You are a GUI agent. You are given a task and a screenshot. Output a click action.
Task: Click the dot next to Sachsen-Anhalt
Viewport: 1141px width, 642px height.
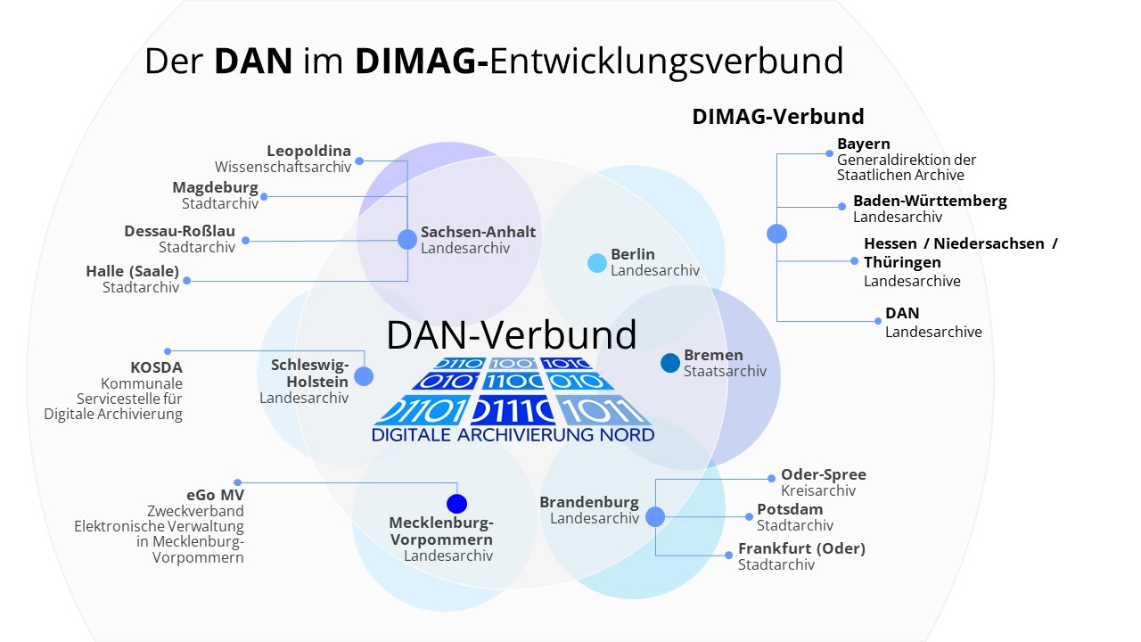[407, 239]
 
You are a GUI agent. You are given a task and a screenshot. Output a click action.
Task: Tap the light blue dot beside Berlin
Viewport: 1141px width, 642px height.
[597, 263]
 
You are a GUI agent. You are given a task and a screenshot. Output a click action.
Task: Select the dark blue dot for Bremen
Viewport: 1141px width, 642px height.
[670, 363]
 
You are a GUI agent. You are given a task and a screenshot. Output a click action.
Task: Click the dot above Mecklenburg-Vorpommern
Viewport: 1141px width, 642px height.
[457, 504]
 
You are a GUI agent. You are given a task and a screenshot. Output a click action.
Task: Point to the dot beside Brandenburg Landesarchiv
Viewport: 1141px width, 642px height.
[655, 517]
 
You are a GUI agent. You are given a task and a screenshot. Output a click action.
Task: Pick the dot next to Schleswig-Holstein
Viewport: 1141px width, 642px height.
[364, 376]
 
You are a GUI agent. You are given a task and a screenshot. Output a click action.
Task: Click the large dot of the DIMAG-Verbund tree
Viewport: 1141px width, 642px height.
[776, 234]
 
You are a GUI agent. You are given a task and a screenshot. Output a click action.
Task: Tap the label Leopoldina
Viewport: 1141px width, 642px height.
[308, 151]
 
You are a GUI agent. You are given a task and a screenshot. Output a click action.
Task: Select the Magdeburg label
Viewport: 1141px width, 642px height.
[215, 187]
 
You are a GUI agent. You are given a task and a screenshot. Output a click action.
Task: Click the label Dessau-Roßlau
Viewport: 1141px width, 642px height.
[180, 231]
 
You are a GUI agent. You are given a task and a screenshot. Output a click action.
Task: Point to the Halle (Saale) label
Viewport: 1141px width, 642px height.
[133, 271]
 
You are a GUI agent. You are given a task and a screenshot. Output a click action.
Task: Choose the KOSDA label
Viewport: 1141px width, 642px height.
[156, 366]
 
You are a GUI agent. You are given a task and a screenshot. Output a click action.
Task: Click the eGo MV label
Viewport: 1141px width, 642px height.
[215, 495]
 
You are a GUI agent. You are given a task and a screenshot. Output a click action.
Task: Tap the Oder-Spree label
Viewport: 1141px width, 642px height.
[824, 474]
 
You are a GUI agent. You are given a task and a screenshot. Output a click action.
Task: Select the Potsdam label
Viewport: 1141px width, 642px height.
[790, 509]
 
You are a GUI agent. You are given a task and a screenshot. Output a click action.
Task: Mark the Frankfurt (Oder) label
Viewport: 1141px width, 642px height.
[801, 548]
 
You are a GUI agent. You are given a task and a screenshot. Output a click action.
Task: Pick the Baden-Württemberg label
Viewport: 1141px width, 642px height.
[930, 201]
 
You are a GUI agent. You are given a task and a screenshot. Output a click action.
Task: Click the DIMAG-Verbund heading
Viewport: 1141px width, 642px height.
[778, 117]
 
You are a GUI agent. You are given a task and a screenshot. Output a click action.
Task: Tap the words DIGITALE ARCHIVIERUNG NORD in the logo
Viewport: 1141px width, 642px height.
[513, 435]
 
